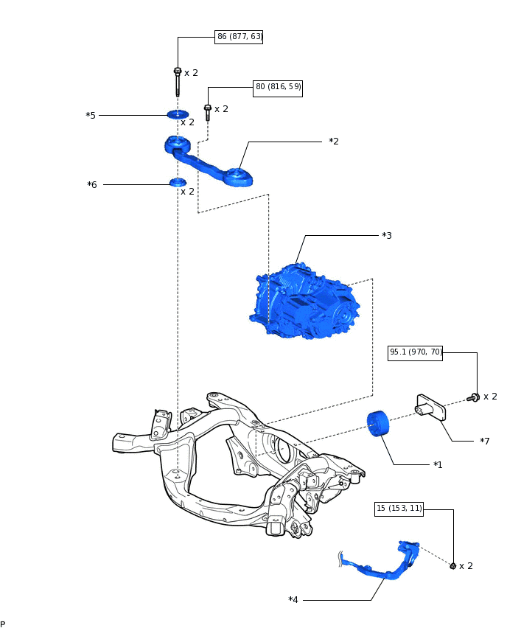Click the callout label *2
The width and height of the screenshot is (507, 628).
(334, 141)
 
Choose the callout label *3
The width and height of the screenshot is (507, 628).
(387, 236)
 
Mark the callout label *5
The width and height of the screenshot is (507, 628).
(91, 116)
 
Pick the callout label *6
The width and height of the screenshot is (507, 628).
(92, 184)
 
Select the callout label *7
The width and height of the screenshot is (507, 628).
(484, 441)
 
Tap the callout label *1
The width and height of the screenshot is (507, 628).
(438, 465)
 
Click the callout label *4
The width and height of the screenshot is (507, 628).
(293, 599)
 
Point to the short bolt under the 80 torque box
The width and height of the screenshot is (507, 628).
(208, 112)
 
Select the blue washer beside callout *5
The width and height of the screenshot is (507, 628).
(178, 114)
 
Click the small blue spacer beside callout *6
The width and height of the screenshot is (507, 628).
(178, 182)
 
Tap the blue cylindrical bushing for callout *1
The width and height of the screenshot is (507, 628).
(377, 425)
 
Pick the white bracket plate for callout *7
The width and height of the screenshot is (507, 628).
(431, 408)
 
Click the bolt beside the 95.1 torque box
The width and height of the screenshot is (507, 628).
(475, 397)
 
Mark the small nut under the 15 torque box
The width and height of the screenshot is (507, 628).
(453, 566)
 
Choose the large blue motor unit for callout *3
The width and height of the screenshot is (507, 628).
(304, 303)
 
